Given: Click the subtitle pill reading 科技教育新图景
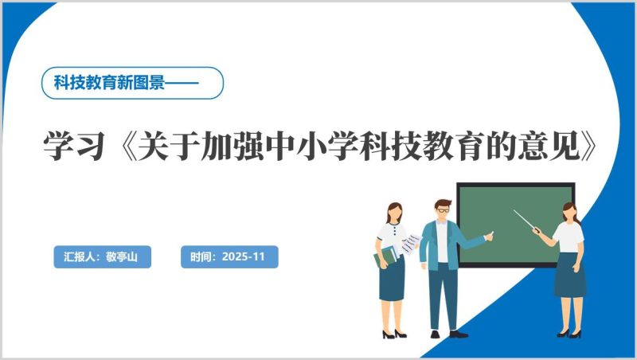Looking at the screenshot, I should (131, 82).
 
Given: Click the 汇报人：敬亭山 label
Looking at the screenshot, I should (101, 256).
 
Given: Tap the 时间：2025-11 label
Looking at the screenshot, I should (229, 256).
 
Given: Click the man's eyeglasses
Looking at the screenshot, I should (443, 209).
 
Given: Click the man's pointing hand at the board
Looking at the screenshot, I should (489, 235).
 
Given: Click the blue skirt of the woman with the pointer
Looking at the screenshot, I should (569, 275).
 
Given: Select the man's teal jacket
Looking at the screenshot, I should (430, 243).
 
